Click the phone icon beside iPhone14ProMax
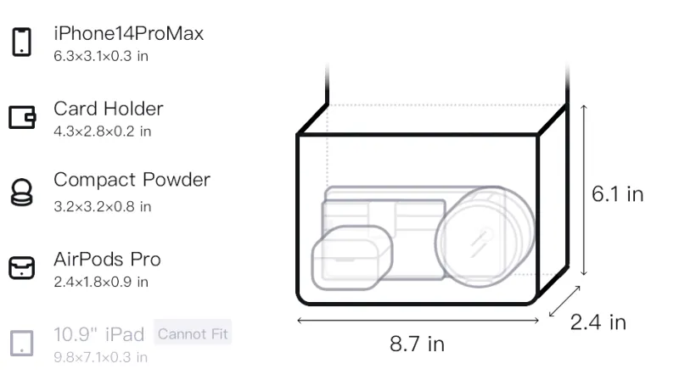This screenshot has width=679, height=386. pyautogui.click(x=22, y=42)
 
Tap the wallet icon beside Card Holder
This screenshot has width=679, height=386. pyautogui.click(x=22, y=117)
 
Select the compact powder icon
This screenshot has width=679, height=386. pyautogui.click(x=22, y=192)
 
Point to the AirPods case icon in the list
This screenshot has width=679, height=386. pyautogui.click(x=22, y=267)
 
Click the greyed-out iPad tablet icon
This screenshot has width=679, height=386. pyautogui.click(x=22, y=344)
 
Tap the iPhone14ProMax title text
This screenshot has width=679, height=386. pyautogui.click(x=129, y=33)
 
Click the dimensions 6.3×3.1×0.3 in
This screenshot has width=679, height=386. pyautogui.click(x=101, y=56)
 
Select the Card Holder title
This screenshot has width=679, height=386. pyautogui.click(x=109, y=109)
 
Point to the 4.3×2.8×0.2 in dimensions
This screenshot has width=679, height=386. pyautogui.click(x=102, y=131)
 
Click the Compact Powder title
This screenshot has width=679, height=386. pyautogui.click(x=132, y=180)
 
